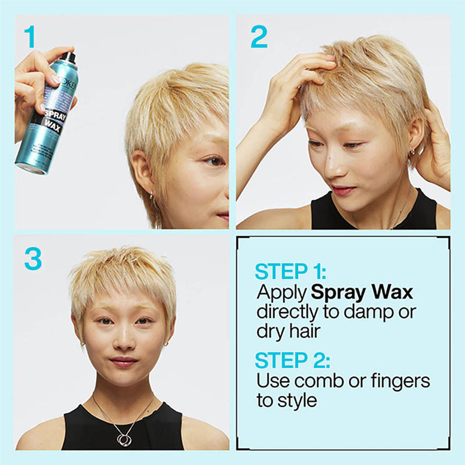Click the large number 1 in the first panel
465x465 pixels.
[x=30, y=37]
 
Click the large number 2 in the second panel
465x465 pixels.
[x=259, y=37]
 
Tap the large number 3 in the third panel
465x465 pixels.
[x=33, y=259]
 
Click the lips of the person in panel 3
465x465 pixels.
[x=123, y=362]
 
